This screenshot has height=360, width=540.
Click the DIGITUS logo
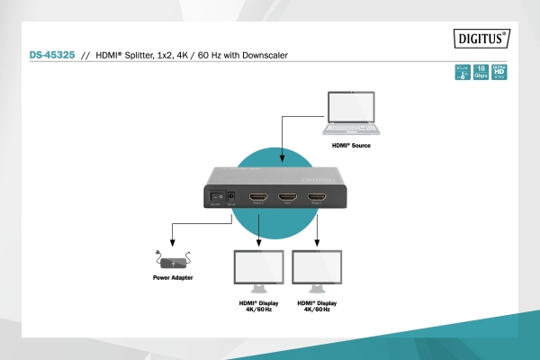tap(481, 38)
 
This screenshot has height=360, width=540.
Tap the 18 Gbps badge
tap(481, 72)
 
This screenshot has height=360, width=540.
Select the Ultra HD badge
tap(499, 72)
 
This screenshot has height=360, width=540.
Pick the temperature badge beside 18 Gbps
tap(463, 72)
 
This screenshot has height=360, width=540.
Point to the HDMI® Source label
tap(351, 145)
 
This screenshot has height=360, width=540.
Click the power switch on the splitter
tap(216, 195)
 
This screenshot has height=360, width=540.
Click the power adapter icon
tap(172, 262)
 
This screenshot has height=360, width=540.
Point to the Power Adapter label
tap(172, 279)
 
